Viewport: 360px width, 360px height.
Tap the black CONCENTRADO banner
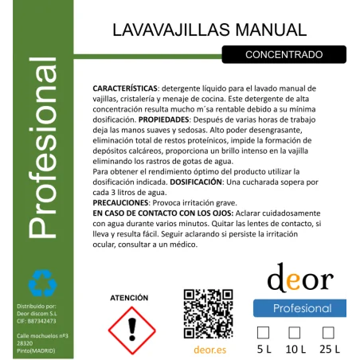pyautogui.click(x=284, y=54)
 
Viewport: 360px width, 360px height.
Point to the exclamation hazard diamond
pyautogui.click(x=129, y=327)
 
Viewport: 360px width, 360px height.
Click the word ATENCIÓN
pyautogui.click(x=129, y=298)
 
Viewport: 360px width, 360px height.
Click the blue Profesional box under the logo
pyautogui.click(x=299, y=308)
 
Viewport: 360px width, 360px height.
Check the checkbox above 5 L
pyautogui.click(x=264, y=332)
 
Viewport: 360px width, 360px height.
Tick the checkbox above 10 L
pyautogui.click(x=294, y=332)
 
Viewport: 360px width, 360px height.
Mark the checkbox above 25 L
pyautogui.click(x=328, y=332)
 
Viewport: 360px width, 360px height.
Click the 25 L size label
pyautogui.click(x=328, y=349)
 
